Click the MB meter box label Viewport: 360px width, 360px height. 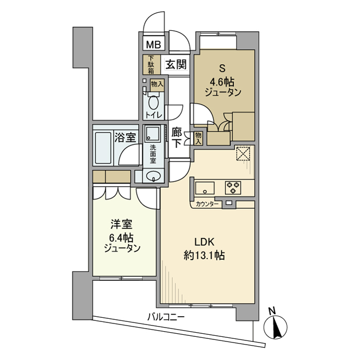coord(153,45)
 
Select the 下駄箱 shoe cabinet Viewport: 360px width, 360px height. coord(151,65)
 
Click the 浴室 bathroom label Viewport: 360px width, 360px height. coord(125,137)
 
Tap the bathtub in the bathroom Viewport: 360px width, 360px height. coord(104,148)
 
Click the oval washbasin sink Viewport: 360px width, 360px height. coord(153,176)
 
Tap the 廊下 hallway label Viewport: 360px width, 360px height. coord(176,138)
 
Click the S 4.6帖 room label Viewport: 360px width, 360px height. coord(223,81)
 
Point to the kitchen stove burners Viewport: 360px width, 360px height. coord(232,187)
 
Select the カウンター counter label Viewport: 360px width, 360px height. coord(208,204)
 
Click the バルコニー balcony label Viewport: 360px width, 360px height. coord(165,317)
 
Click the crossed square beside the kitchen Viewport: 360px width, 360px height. coord(242,154)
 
